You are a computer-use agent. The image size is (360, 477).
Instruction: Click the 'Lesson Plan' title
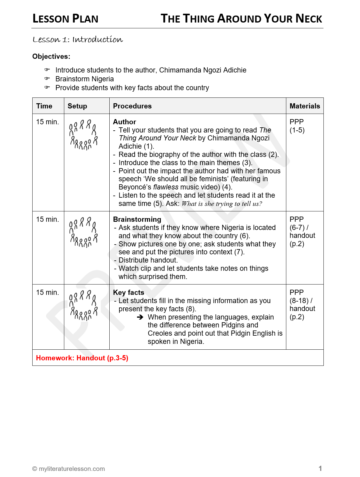tap(65, 19)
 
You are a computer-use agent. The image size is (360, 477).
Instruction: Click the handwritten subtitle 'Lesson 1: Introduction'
tap(78, 40)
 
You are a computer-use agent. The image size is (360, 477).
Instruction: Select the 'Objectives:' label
tap(51, 57)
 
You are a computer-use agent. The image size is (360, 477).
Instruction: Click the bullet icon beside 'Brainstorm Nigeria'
tap(47, 79)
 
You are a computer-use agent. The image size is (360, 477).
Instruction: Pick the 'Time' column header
tap(44, 106)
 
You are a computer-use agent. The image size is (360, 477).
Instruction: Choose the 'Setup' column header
tap(77, 106)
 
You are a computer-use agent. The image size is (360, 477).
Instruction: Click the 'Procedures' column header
tap(132, 106)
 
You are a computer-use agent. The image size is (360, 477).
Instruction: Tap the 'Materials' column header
tap(305, 106)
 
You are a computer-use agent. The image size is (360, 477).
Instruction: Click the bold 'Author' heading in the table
tap(125, 122)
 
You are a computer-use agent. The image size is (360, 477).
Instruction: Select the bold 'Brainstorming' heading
tap(137, 219)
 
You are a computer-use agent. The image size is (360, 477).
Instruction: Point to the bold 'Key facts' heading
tap(129, 292)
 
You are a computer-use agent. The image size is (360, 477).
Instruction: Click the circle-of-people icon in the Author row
tap(83, 135)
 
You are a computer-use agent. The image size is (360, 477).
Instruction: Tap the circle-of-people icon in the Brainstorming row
tap(83, 232)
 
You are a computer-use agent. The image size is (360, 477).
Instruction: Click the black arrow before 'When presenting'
tap(140, 317)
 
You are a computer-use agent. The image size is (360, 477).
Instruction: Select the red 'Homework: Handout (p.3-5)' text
tap(82, 358)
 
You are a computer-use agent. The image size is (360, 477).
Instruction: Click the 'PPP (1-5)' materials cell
tap(297, 126)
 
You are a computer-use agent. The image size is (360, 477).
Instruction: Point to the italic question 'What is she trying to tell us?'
tap(222, 204)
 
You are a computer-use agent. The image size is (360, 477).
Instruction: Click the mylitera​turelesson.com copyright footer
tap(69, 469)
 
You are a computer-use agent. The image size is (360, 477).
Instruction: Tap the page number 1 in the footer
tap(320, 468)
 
